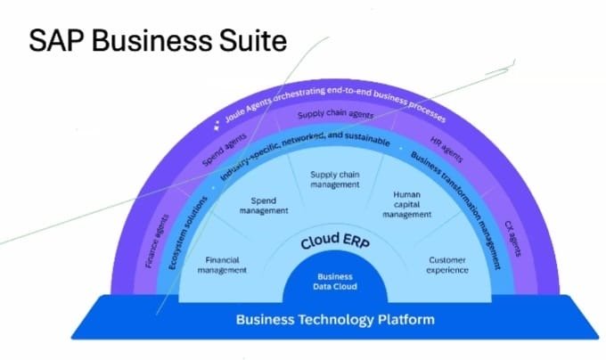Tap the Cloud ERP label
click(x=337, y=241)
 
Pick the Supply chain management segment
click(x=334, y=179)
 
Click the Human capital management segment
click(x=406, y=205)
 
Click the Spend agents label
click(x=212, y=152)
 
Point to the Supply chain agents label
click(x=335, y=115)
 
